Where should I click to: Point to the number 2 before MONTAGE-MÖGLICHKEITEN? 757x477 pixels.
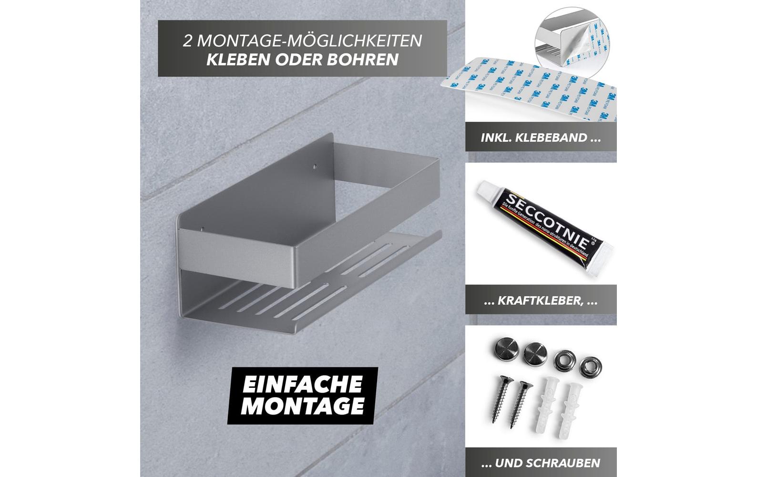pyautogui.click(x=188, y=41)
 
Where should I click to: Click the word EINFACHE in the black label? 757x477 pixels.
pyautogui.click(x=302, y=384)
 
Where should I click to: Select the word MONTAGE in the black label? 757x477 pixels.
pyautogui.click(x=302, y=406)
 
